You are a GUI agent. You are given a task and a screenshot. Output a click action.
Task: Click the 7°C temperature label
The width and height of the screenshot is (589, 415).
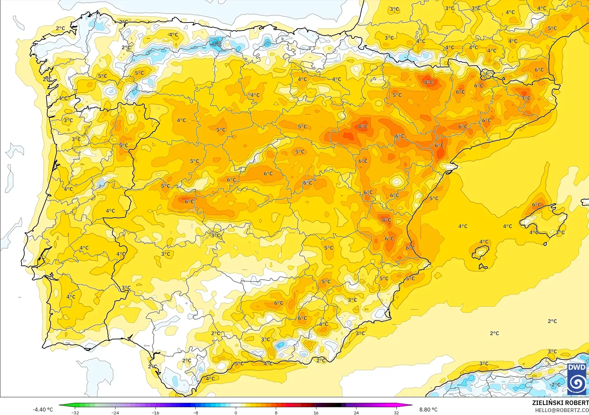(x=526, y=98)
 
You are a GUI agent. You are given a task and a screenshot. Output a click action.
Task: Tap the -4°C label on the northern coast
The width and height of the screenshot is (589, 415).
(x=216, y=44)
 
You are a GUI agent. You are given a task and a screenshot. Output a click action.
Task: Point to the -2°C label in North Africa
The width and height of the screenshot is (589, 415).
(x=555, y=385)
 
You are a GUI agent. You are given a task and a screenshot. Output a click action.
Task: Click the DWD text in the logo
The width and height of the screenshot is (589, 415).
(x=576, y=368)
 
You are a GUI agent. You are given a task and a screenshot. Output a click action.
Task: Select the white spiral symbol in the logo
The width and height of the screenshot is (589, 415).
(x=576, y=383)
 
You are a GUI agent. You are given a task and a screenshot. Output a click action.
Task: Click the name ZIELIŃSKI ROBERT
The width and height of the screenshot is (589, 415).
(x=560, y=403)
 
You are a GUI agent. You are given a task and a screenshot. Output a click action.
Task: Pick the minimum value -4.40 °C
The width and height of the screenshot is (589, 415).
(x=43, y=410)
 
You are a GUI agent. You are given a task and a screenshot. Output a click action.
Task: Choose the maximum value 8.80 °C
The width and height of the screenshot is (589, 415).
(x=428, y=410)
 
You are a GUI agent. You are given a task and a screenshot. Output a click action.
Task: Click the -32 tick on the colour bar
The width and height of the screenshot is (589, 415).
(x=75, y=412)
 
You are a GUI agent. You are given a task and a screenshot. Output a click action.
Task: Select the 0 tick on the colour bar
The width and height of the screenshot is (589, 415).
(x=236, y=412)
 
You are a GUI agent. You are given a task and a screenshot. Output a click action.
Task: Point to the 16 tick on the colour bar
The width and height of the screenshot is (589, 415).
(x=316, y=412)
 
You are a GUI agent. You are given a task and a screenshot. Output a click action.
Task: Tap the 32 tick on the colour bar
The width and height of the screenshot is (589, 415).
(x=396, y=412)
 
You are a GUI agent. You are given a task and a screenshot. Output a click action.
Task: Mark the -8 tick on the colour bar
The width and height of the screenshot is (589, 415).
(x=196, y=412)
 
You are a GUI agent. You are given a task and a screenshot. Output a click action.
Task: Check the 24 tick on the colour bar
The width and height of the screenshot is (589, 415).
(x=356, y=412)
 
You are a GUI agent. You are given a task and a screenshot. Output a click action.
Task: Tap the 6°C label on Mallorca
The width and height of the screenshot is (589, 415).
(x=536, y=205)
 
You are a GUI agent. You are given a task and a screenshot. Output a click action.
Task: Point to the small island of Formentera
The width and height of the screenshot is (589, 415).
(x=483, y=267)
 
